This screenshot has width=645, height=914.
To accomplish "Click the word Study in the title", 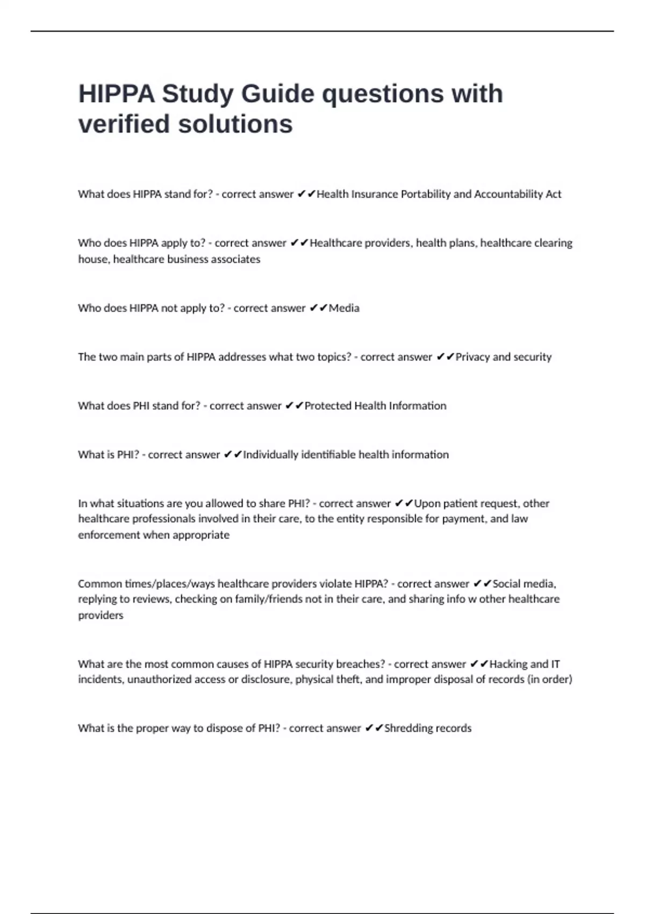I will tap(197, 94).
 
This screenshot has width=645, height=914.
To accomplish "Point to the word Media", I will tap(344, 308).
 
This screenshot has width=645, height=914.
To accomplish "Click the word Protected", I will tap(329, 406).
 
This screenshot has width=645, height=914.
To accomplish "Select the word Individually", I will tap(270, 455).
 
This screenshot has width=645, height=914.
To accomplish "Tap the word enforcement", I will tap(109, 535).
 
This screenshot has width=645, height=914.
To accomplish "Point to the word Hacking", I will tap(508, 664).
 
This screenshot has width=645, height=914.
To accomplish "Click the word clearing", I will tap(553, 243).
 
